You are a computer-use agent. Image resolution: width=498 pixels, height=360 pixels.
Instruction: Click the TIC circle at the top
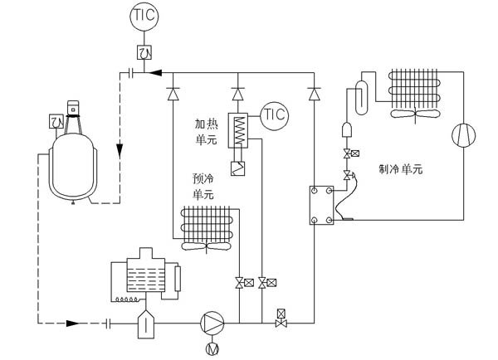click(x=144, y=16)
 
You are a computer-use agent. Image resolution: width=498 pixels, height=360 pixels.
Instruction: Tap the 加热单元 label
click(x=206, y=131)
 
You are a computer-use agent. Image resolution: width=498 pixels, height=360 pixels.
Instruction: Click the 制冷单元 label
click(x=400, y=169)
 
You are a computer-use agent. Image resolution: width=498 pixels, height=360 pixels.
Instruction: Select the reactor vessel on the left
click(x=76, y=166)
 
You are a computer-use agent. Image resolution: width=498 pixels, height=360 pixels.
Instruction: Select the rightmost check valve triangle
click(x=315, y=94)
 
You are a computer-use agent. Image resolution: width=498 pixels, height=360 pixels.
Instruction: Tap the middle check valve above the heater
click(x=237, y=94)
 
